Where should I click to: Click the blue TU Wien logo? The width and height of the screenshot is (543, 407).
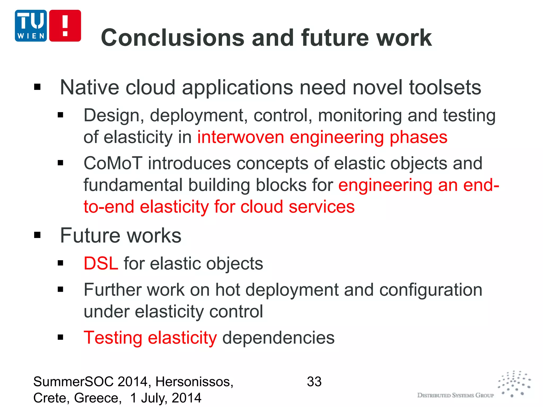click(x=31, y=26)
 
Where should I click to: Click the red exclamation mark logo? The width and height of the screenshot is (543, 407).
click(x=65, y=26)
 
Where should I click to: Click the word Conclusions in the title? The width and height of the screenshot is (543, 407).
click(x=172, y=38)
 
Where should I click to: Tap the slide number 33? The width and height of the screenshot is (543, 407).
click(x=314, y=382)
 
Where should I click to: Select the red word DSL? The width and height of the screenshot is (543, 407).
click(x=101, y=264)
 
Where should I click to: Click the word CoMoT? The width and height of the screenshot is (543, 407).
click(x=113, y=163)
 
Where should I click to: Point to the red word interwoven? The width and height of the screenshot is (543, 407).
click(x=240, y=137)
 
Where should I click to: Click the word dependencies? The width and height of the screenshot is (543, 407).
click(x=278, y=338)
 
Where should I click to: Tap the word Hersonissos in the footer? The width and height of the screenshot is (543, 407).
click(x=194, y=382)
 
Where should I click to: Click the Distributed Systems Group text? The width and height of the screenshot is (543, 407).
click(x=456, y=395)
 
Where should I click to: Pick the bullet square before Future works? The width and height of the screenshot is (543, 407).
click(x=37, y=235)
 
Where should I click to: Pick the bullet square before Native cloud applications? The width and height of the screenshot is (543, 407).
click(x=37, y=87)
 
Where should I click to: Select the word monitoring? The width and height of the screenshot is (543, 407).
click(x=360, y=116)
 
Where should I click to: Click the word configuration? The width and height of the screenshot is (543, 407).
click(x=431, y=290)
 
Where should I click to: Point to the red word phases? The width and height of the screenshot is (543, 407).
click(x=418, y=137)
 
